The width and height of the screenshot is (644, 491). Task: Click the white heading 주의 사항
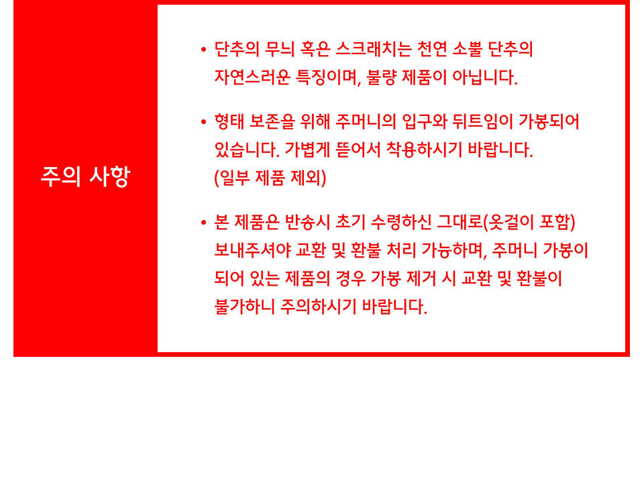pyautogui.click(x=85, y=177)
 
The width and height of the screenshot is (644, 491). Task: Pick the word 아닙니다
pyautogui.click(x=484, y=76)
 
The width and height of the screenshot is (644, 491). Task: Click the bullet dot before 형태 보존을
pyautogui.click(x=203, y=122)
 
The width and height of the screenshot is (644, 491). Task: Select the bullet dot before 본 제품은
pyautogui.click(x=203, y=223)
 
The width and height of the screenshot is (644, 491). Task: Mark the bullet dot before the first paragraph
pyautogui.click(x=203, y=50)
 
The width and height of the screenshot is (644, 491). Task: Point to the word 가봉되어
pyautogui.click(x=549, y=121)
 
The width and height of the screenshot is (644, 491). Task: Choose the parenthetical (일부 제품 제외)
pyautogui.click(x=270, y=178)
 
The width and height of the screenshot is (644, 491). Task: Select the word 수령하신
pyautogui.click(x=401, y=222)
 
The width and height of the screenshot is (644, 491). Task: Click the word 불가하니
pyautogui.click(x=244, y=307)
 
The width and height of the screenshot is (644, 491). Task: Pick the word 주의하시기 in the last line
pyautogui.click(x=318, y=307)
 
